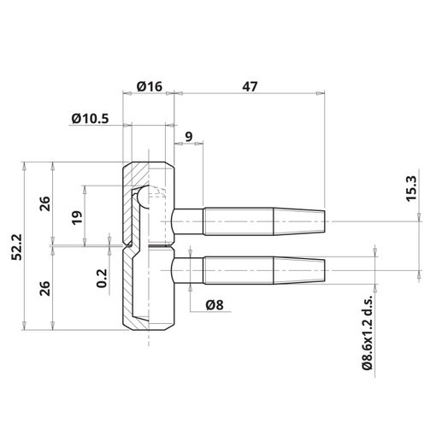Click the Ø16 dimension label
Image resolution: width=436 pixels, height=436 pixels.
point(150,86)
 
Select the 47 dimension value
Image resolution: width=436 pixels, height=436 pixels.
point(250,86)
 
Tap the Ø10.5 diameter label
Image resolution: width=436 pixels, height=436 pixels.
point(90,119)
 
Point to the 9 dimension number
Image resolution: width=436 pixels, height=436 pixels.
point(189,137)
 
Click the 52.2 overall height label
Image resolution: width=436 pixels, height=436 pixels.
point(17,247)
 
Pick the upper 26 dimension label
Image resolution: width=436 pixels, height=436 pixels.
point(44,203)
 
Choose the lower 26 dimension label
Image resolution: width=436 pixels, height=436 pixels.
point(44,288)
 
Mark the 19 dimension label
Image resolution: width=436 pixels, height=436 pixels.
point(77,218)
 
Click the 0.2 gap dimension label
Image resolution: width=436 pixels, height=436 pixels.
point(102,279)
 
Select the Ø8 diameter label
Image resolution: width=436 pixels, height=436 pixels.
point(215,305)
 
